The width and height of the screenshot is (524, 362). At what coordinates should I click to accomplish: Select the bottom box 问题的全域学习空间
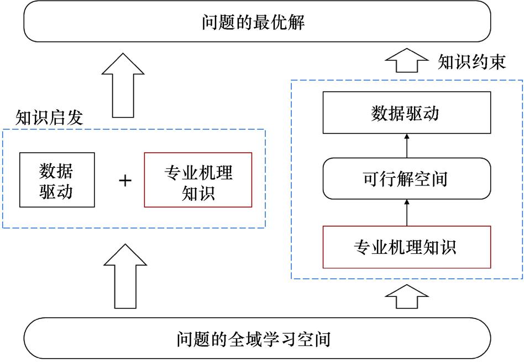[x=258, y=338]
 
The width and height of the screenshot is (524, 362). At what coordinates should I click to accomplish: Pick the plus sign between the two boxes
[x=126, y=180]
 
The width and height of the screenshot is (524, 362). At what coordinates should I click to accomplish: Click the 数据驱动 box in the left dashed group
[x=56, y=180]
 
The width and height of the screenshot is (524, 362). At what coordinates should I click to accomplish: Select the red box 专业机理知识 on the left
[x=198, y=180]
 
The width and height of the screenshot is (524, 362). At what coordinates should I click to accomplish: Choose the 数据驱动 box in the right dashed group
[x=406, y=114]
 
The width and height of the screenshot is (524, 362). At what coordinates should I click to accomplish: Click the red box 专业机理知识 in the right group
[x=406, y=247]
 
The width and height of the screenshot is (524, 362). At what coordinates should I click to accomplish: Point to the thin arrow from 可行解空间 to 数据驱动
[x=406, y=146]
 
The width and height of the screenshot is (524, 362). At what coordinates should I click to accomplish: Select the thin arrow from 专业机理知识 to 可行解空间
[x=406, y=212]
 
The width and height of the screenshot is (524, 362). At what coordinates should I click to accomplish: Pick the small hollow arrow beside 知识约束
[x=406, y=61]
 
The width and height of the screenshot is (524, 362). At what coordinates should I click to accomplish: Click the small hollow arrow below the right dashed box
[x=406, y=298]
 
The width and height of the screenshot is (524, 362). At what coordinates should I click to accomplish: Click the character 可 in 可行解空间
[x=371, y=179]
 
